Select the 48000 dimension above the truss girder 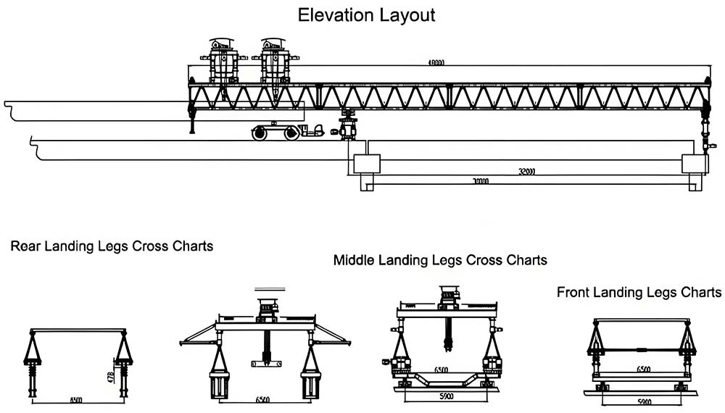(x=436, y=64)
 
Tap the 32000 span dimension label (x=526, y=172)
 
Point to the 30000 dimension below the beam (x=480, y=181)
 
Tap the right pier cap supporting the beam (x=693, y=163)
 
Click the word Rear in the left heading (x=26, y=246)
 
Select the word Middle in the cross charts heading (x=355, y=259)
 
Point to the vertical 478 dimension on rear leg (x=110, y=378)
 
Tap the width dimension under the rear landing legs (x=76, y=399)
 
